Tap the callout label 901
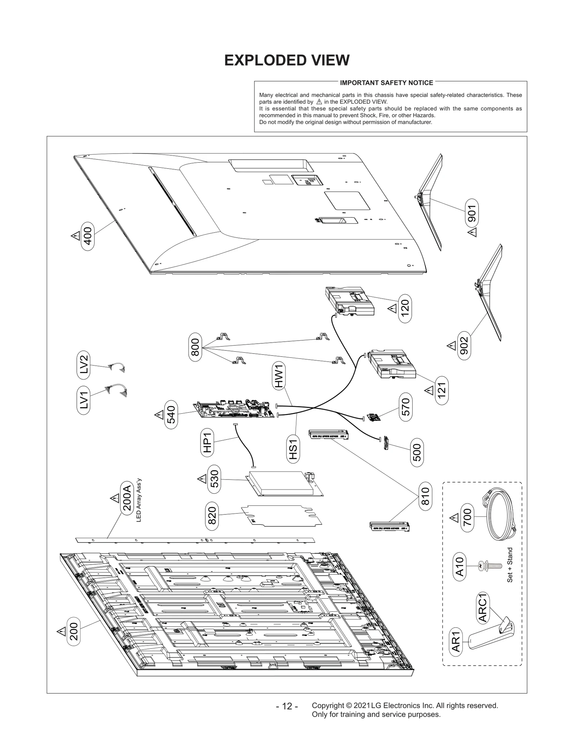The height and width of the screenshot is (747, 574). coord(471,214)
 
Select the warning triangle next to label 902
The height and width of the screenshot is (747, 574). coord(451,346)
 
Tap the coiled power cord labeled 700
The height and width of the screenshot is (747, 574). coord(498,517)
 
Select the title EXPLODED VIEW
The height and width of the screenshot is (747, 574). coord(287,60)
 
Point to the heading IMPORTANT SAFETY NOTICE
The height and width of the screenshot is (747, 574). coord(386,83)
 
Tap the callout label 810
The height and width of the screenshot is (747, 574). coord(425,496)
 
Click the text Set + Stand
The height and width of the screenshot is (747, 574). coord(510,565)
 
